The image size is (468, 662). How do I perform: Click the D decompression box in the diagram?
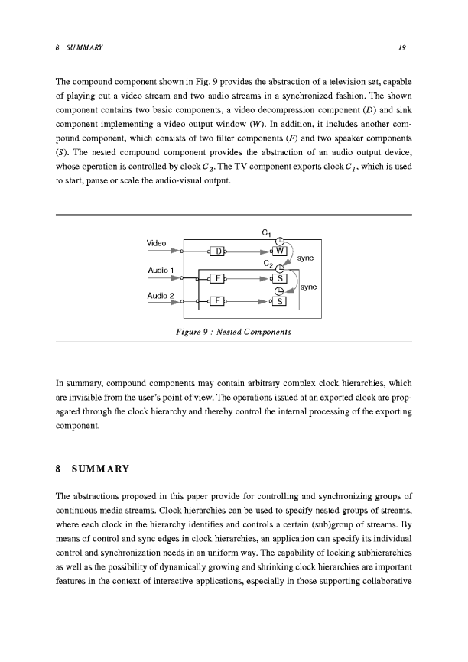(x=217, y=250)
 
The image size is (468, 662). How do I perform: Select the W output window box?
(x=280, y=250)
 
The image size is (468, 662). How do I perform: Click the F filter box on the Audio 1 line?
(x=217, y=279)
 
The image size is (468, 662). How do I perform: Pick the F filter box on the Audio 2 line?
(x=217, y=302)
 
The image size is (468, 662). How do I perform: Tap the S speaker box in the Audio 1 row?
(x=280, y=279)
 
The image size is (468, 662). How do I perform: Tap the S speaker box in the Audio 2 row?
(x=280, y=302)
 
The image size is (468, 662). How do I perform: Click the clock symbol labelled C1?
(x=280, y=240)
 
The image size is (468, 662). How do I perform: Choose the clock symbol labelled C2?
(x=280, y=268)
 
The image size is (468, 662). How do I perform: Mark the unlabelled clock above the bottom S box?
(x=280, y=291)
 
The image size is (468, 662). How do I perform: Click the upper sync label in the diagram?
(x=307, y=258)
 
